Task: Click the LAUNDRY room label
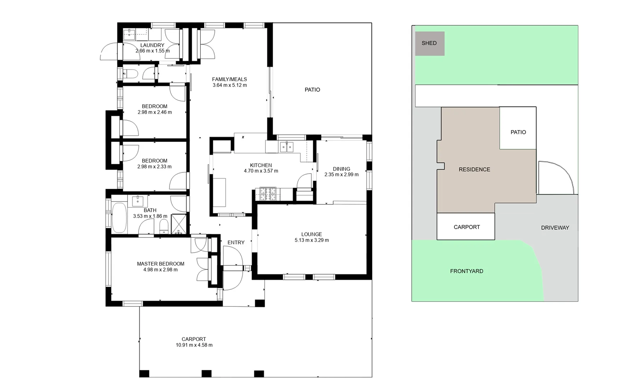coord(152,45)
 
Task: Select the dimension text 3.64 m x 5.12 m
coord(229,86)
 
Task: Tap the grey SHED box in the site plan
coord(430,43)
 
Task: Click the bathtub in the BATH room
coord(119,218)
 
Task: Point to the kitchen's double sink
coord(287,147)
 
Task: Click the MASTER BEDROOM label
coord(161,264)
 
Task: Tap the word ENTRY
coord(236,242)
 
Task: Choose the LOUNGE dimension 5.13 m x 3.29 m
coord(312,240)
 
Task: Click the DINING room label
coord(341,168)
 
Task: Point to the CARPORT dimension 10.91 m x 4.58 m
coord(194,345)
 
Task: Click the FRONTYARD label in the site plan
coord(467,271)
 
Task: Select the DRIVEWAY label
coord(555,228)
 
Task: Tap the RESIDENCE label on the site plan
coord(474,170)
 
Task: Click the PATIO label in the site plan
coord(518,132)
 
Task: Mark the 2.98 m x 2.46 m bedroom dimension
coord(154,112)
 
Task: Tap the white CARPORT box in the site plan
coord(466,227)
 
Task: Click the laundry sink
coord(129,35)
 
